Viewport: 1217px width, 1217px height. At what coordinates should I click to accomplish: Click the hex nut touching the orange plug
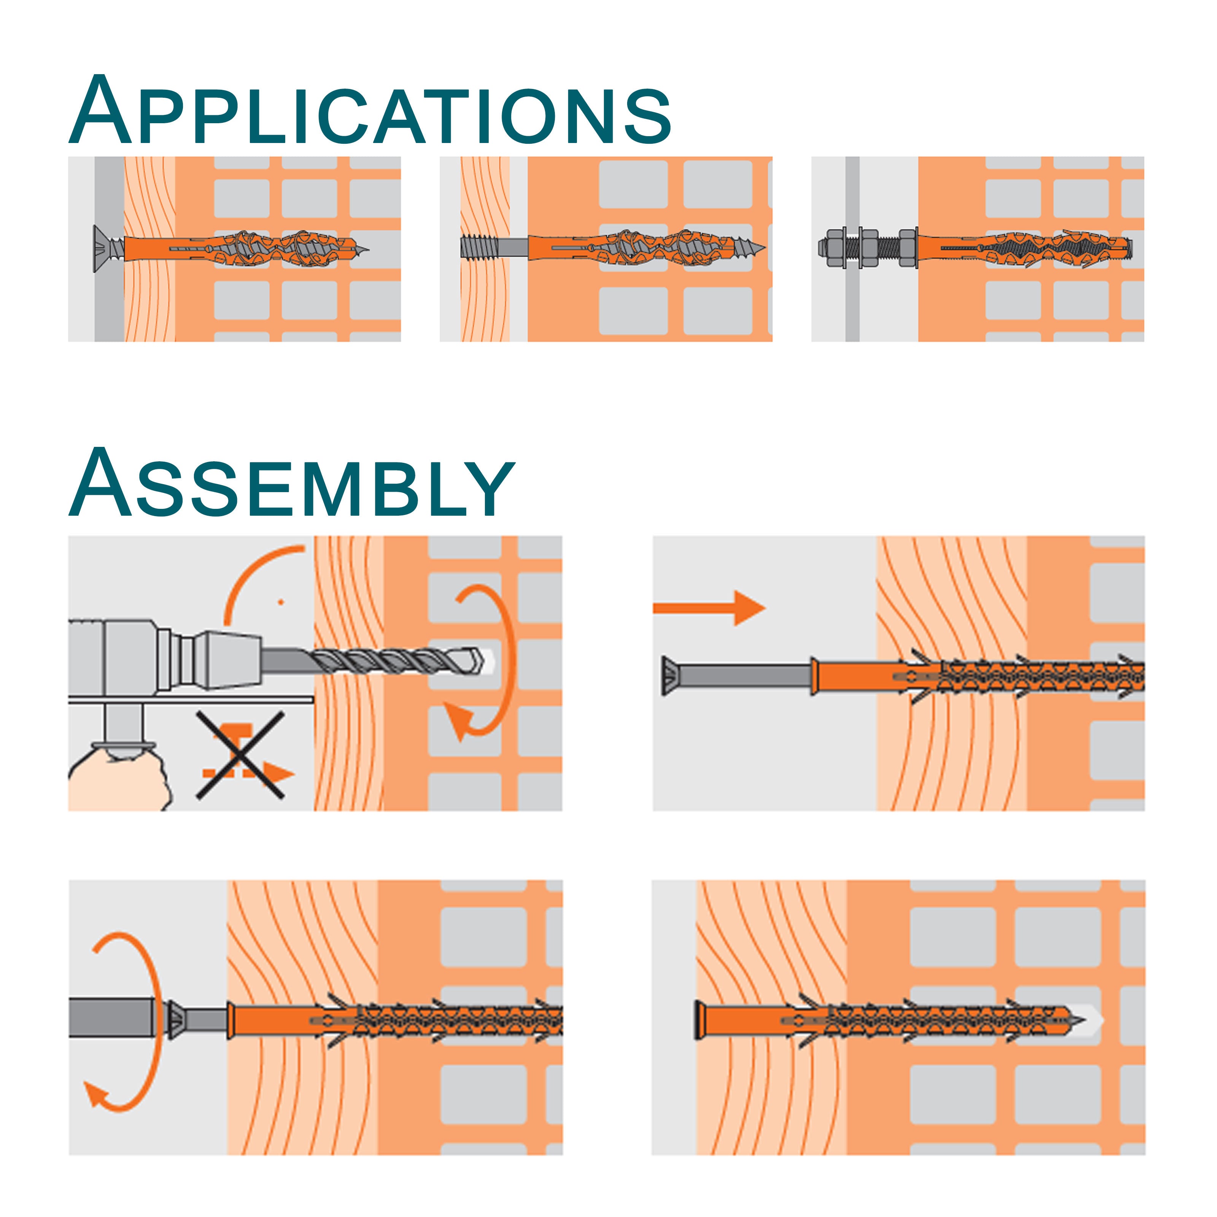tap(907, 247)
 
